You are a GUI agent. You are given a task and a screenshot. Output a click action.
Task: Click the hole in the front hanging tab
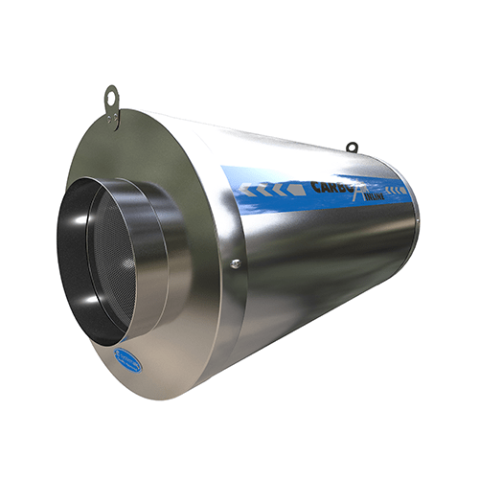click(110, 95)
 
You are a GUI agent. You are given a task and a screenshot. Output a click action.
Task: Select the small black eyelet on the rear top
click(352, 147)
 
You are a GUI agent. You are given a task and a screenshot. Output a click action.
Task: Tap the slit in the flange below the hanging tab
click(114, 125)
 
